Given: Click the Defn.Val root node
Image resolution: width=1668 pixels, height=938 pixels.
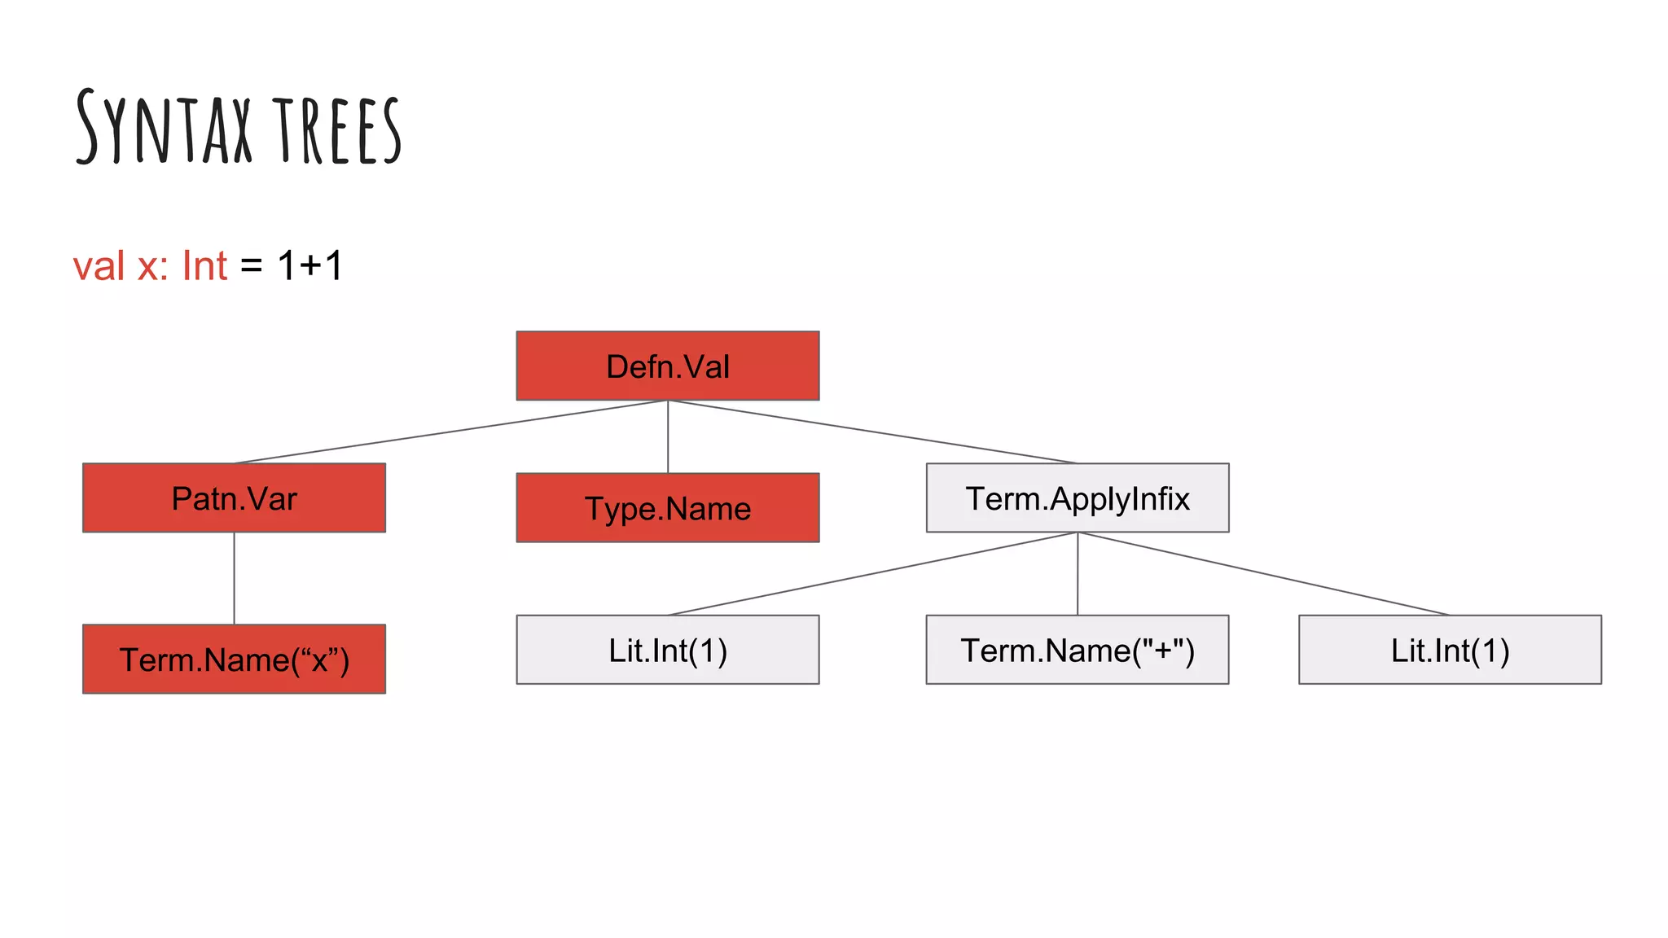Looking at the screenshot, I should click(668, 366).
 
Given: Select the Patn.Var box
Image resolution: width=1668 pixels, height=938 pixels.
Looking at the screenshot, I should click(234, 497).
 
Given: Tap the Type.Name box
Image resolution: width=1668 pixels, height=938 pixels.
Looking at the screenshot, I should click(668, 507).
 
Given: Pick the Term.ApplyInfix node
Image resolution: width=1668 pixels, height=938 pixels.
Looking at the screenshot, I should click(1078, 497).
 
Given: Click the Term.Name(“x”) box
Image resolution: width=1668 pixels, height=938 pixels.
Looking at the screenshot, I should click(234, 659).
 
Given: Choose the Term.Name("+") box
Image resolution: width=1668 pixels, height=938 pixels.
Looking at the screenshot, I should click(1078, 650).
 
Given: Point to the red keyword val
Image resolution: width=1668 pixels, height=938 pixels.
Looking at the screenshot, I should click(99, 266).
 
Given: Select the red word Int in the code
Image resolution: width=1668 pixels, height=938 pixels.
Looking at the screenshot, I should click(204, 266).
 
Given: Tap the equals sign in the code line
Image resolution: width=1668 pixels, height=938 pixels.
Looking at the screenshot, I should click(252, 266).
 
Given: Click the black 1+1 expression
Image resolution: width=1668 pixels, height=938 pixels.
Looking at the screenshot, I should click(310, 266).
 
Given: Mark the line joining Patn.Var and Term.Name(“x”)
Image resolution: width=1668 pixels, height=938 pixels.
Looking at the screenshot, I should click(235, 578).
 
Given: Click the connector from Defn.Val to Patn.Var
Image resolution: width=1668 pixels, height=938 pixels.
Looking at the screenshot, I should click(450, 432).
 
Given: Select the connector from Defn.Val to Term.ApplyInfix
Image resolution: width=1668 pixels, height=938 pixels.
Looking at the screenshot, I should click(872, 432).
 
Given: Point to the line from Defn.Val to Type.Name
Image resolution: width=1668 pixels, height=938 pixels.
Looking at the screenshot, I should click(668, 436).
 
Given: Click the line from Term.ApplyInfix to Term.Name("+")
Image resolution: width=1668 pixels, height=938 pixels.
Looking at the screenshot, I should click(1078, 573).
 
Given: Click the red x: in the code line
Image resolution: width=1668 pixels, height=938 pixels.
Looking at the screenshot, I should click(153, 266).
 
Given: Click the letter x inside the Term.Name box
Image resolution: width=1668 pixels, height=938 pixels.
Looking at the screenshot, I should click(319, 660).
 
